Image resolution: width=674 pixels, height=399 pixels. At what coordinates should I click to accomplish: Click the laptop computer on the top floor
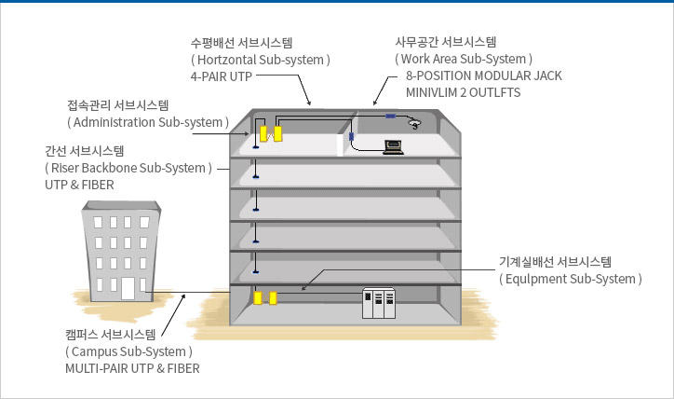(x=393, y=145)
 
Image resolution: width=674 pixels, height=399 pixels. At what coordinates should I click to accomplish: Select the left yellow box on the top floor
(x=263, y=132)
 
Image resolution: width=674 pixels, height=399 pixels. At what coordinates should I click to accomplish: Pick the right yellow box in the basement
(x=273, y=298)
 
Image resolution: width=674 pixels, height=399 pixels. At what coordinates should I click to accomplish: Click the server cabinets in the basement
(x=378, y=305)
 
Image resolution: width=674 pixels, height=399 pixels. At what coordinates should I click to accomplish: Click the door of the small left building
(x=127, y=288)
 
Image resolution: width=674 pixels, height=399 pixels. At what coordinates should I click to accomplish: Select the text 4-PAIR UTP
(x=221, y=76)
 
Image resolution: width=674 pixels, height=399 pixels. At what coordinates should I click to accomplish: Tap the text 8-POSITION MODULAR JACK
(x=483, y=76)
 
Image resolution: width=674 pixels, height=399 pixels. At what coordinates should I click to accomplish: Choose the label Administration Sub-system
(x=148, y=122)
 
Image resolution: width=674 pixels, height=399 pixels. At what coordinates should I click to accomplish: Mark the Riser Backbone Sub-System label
(x=129, y=168)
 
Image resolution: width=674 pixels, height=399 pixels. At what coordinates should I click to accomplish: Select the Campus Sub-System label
(x=128, y=351)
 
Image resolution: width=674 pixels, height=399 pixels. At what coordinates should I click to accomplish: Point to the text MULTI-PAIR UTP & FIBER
(x=132, y=368)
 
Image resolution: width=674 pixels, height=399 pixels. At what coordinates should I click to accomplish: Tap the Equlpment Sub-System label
(x=571, y=279)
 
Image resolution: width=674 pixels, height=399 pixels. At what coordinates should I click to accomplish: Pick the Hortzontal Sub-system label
(x=261, y=59)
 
